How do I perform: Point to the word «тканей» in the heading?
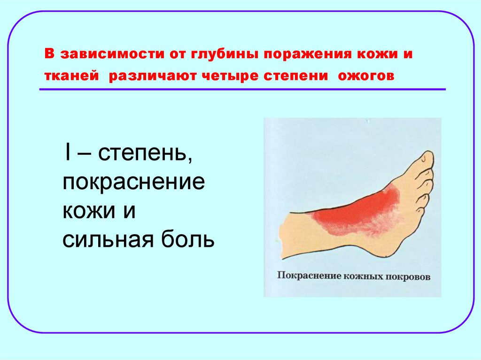[x=72, y=76]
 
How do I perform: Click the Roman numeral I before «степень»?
[x=69, y=154]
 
